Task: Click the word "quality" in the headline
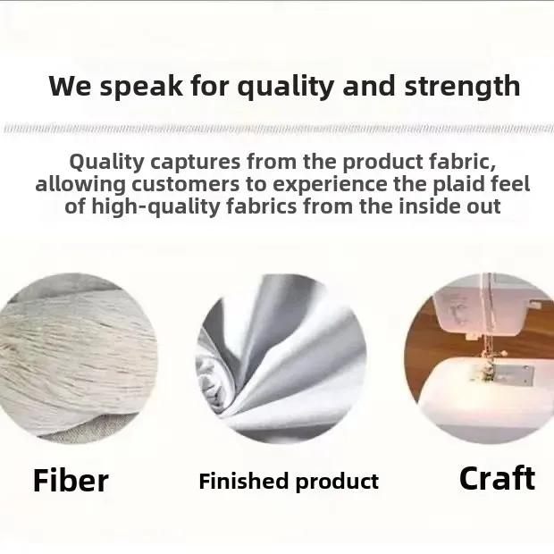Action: click(x=285, y=87)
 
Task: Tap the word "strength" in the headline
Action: click(x=463, y=86)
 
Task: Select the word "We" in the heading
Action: click(x=70, y=86)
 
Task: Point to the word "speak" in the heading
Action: click(x=141, y=87)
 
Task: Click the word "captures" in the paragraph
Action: click(x=196, y=163)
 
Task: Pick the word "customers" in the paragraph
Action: click(x=186, y=184)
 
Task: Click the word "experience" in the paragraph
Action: click(x=330, y=185)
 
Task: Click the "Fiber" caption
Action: click(x=71, y=480)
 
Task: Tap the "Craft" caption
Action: click(x=497, y=478)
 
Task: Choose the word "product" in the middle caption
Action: click(x=337, y=482)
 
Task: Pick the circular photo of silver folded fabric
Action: click(x=281, y=358)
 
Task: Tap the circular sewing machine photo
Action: click(x=480, y=358)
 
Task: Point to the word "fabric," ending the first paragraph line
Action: click(x=463, y=162)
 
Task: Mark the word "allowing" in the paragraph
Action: click(x=80, y=185)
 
